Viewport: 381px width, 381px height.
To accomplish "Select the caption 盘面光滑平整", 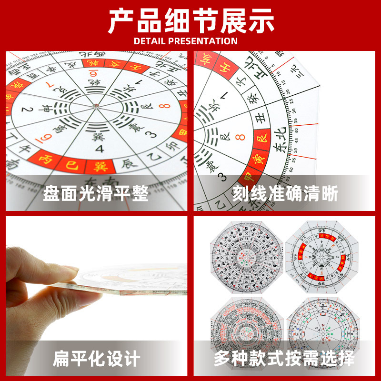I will click(96, 194).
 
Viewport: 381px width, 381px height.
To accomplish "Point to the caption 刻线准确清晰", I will click(285, 194).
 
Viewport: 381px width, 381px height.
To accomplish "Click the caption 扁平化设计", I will click(96, 359).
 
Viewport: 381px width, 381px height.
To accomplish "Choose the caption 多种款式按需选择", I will click(284, 359).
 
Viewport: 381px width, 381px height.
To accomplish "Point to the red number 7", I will click(47, 86).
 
